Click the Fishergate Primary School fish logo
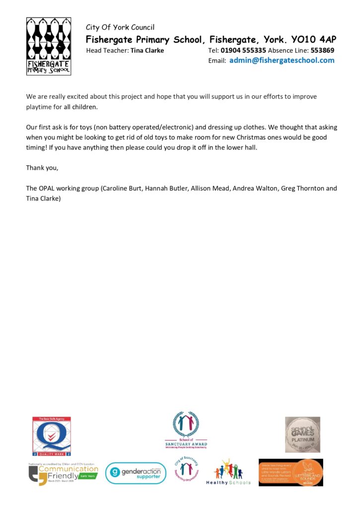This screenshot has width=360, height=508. (48, 46)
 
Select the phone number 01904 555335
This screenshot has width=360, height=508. (243, 50)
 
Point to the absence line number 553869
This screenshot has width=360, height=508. (322, 50)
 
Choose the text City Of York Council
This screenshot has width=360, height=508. (120, 27)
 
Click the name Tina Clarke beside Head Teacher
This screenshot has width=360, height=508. (147, 50)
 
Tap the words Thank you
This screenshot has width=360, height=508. (42, 168)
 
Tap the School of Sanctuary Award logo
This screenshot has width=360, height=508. (186, 430)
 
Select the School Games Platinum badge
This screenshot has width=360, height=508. (302, 434)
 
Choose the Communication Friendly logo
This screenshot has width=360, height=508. (63, 472)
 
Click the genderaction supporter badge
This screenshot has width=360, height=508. (136, 473)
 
